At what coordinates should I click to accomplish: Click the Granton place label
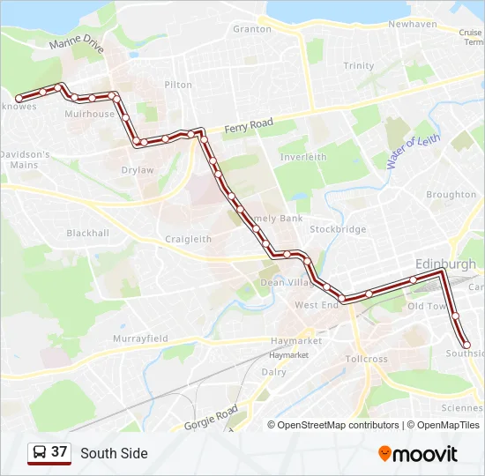(x=252, y=29)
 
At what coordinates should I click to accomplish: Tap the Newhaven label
(x=413, y=25)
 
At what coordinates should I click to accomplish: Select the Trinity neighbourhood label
(x=359, y=66)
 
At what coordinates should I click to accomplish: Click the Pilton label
(x=178, y=86)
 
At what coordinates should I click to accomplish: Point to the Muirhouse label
(x=90, y=115)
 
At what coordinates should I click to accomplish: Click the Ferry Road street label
(x=249, y=127)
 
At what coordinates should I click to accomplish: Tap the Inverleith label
(x=303, y=157)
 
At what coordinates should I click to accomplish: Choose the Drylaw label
(x=138, y=170)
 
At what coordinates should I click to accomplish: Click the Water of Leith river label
(x=413, y=152)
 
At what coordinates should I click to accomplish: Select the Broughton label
(x=451, y=195)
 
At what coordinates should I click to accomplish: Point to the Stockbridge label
(x=338, y=229)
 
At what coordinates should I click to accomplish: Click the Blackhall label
(x=88, y=234)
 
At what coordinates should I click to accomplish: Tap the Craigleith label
(x=189, y=239)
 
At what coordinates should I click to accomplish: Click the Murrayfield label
(x=140, y=338)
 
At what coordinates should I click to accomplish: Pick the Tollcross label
(x=366, y=360)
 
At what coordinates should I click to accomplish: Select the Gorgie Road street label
(x=212, y=418)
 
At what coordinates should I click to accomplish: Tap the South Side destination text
(x=114, y=453)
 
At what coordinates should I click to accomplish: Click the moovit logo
(x=418, y=454)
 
